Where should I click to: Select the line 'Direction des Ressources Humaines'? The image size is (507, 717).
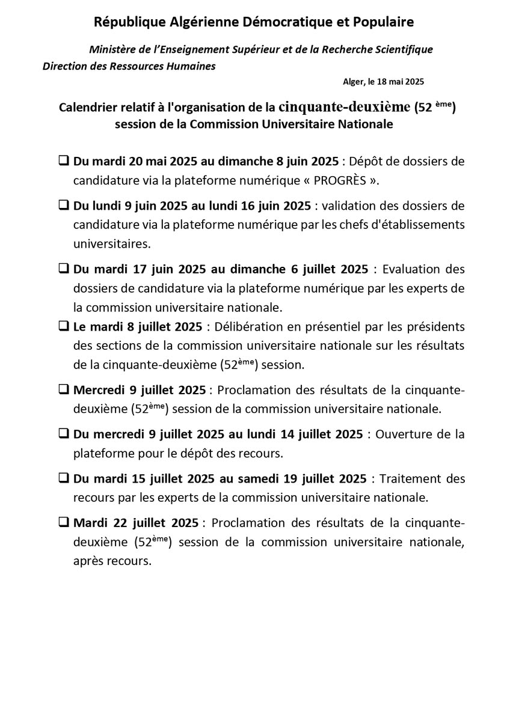(x=129, y=66)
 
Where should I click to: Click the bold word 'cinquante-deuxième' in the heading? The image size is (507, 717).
(x=344, y=108)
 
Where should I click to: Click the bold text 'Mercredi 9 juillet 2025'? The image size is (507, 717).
(x=140, y=389)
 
